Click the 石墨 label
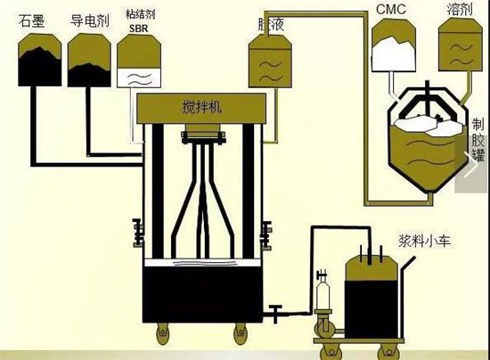pos(33,20)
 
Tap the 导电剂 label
pos(89,20)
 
